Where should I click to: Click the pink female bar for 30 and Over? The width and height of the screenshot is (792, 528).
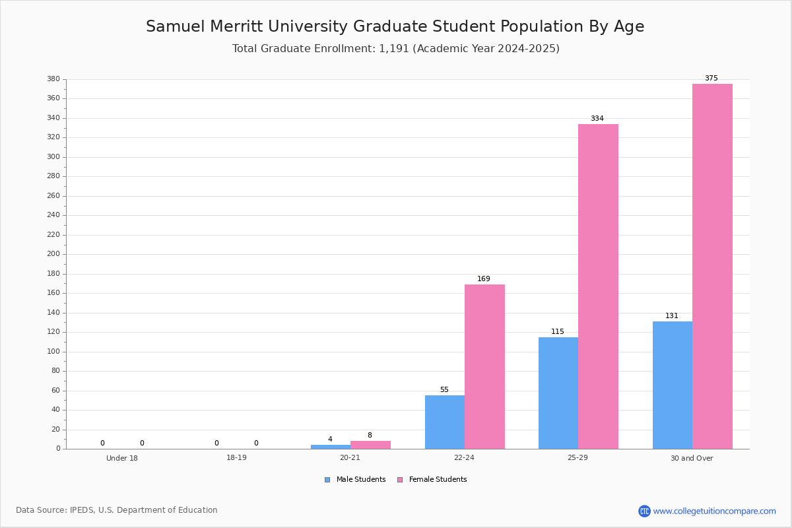pyautogui.click(x=712, y=266)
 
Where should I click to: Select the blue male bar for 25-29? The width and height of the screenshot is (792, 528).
pyautogui.click(x=558, y=393)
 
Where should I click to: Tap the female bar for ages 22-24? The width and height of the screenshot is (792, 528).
pyautogui.click(x=484, y=367)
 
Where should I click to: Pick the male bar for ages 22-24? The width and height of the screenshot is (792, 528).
pyautogui.click(x=445, y=422)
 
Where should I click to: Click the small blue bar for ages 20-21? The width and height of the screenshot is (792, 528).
pyautogui.click(x=331, y=447)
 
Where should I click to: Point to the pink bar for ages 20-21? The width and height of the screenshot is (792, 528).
pyautogui.click(x=370, y=445)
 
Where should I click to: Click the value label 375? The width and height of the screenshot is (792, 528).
pyautogui.click(x=711, y=78)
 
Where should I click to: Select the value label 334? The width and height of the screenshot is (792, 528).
pyautogui.click(x=597, y=119)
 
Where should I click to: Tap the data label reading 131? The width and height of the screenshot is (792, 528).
pyautogui.click(x=672, y=315)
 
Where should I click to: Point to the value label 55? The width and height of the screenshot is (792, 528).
pyautogui.click(x=444, y=389)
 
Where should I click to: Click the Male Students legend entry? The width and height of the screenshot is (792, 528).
pyautogui.click(x=355, y=480)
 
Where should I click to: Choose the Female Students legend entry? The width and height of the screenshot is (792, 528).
pyautogui.click(x=432, y=480)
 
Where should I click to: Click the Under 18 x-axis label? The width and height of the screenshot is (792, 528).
pyautogui.click(x=122, y=458)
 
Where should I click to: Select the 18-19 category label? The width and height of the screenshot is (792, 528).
pyautogui.click(x=236, y=457)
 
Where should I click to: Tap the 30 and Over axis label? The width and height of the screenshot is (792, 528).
pyautogui.click(x=692, y=458)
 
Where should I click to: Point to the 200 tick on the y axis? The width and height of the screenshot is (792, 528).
pyautogui.click(x=53, y=254)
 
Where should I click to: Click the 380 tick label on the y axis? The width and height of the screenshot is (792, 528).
pyautogui.click(x=53, y=79)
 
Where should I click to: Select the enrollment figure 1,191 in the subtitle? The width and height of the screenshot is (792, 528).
pyautogui.click(x=394, y=49)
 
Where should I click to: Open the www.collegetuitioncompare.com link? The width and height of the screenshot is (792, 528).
pyautogui.click(x=714, y=511)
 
